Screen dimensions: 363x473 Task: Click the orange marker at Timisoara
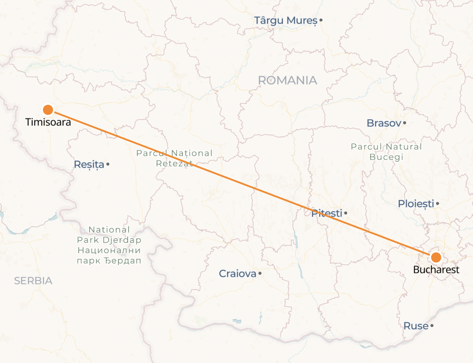pyautogui.click(x=48, y=110)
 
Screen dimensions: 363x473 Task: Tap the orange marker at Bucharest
pyautogui.click(x=436, y=257)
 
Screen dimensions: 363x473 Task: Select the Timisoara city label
pyautogui.click(x=48, y=122)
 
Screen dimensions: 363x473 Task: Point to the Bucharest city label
pyautogui.click(x=436, y=270)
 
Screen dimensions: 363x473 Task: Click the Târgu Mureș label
pyautogui.click(x=285, y=20)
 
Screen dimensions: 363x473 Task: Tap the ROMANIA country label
pyautogui.click(x=287, y=80)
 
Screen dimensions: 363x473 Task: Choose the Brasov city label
pyautogui.click(x=383, y=123)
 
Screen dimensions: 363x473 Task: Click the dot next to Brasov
pyautogui.click(x=405, y=123)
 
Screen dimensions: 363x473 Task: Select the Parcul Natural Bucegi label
pyautogui.click(x=386, y=152)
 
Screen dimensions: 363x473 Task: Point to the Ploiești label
pyautogui.click(x=416, y=204)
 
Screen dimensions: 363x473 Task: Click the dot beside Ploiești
pyautogui.click(x=437, y=204)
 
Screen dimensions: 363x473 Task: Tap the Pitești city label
pyautogui.click(x=327, y=213)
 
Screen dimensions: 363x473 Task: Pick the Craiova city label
pyautogui.click(x=237, y=273)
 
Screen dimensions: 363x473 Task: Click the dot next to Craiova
pyautogui.click(x=260, y=273)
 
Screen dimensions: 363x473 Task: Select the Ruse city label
pyautogui.click(x=416, y=326)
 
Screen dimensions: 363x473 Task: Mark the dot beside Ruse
pyautogui.click(x=432, y=326)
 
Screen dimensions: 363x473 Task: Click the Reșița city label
pyautogui.click(x=89, y=164)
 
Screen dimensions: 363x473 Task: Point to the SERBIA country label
pyautogui.click(x=33, y=281)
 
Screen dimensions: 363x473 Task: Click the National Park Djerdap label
pyautogui.click(x=109, y=245)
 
